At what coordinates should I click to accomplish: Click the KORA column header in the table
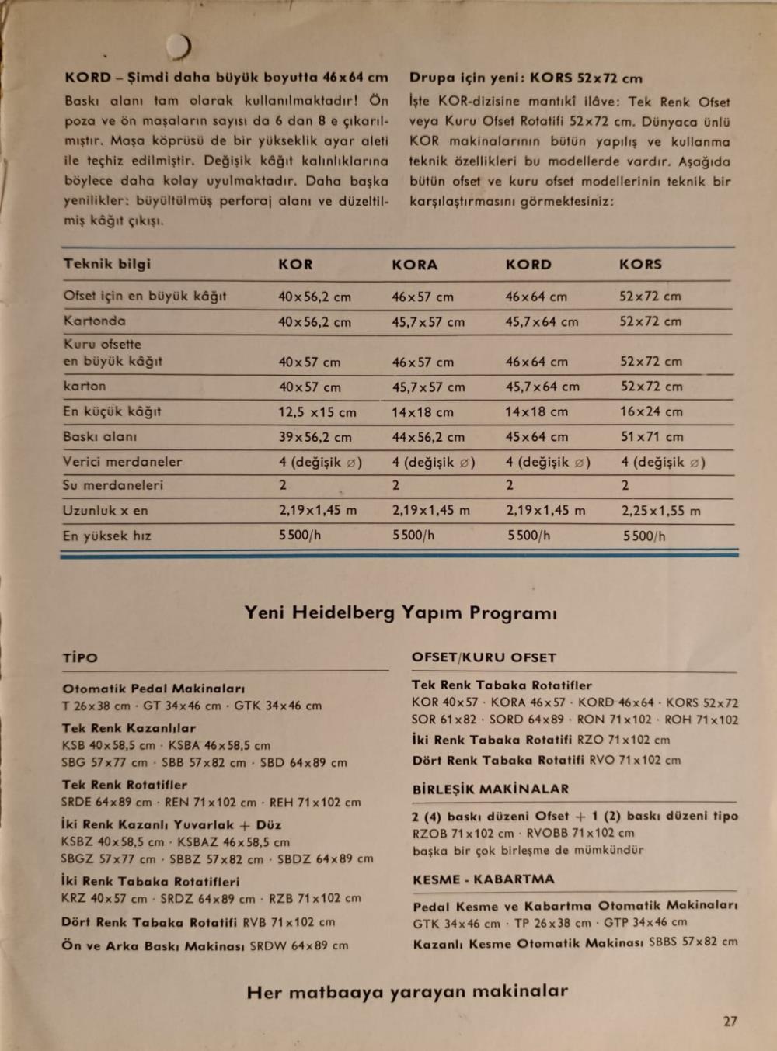(x=414, y=265)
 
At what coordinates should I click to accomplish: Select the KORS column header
(x=640, y=265)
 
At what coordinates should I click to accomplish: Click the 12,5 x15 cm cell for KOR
(x=317, y=412)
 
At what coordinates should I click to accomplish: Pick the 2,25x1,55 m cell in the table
(x=660, y=511)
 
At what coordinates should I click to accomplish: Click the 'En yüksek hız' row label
(x=107, y=536)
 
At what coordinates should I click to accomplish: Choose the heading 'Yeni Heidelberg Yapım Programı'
(x=400, y=613)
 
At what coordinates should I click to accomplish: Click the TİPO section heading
(x=80, y=658)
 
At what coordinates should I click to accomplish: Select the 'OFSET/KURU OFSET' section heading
(x=483, y=657)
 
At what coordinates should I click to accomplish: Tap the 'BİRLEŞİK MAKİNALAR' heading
(x=490, y=789)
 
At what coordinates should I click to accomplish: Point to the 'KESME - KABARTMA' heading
(x=483, y=879)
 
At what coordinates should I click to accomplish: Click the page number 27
(x=730, y=1022)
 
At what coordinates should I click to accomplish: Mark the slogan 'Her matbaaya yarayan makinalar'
(x=407, y=992)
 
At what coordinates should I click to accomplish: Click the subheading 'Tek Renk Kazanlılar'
(x=129, y=728)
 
